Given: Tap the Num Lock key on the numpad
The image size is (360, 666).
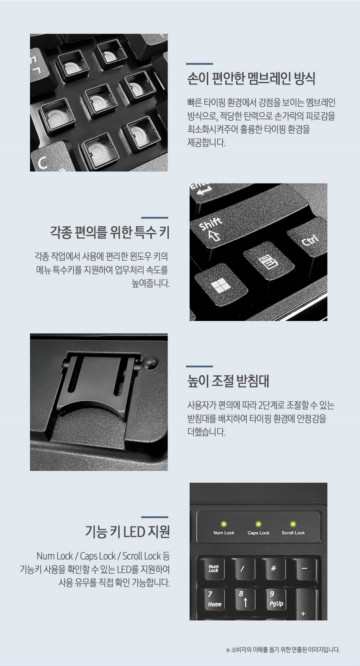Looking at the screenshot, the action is pos(214,569).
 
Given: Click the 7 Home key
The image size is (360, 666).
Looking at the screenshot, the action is pos(215,600).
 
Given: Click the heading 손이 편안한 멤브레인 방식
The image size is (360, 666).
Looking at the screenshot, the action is pos(251,79).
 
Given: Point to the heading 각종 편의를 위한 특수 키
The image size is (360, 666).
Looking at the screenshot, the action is pos(110,232).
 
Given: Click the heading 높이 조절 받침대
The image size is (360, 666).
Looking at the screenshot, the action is pos(228,381).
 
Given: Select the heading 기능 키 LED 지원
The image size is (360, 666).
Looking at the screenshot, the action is pos(127,532).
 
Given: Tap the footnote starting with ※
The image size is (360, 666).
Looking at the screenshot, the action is pos(283,650).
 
